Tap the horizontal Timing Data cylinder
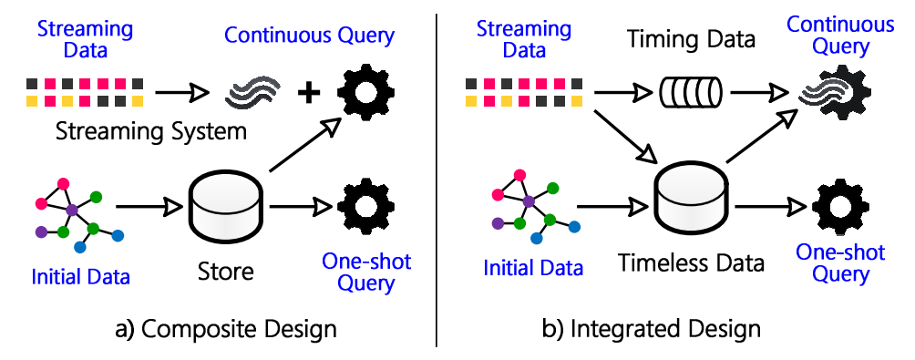(x=688, y=92)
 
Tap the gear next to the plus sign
(x=367, y=91)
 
